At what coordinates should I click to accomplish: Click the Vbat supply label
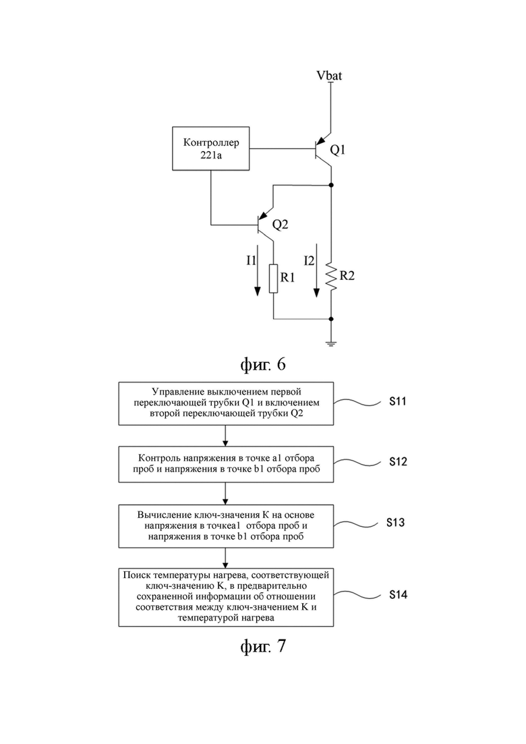coord(329,76)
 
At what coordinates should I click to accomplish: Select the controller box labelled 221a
coord(211,148)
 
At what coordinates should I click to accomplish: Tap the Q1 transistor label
coord(338,150)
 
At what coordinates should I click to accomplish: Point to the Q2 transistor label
coord(280,225)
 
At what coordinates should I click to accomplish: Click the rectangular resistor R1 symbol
coord(273,279)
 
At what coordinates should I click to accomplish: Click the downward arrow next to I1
coord(258,270)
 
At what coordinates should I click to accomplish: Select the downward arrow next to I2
coord(316,270)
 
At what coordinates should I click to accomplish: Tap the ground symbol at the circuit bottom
coord(331,343)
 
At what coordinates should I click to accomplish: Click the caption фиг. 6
coord(263,364)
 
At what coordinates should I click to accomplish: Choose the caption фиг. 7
coord(263,646)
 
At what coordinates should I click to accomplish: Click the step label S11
coord(398,401)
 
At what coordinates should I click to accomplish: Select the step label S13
coord(396,522)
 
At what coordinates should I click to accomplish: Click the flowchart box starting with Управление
coord(226,403)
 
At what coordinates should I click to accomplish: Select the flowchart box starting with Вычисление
coord(226,526)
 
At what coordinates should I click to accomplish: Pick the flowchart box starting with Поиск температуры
coord(226,597)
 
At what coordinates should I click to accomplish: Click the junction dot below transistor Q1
coord(331,185)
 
